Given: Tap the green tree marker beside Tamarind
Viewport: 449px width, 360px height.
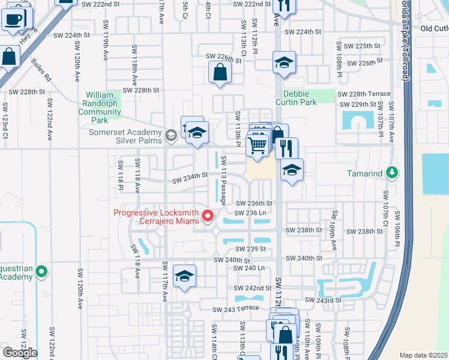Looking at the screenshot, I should tap(392, 173).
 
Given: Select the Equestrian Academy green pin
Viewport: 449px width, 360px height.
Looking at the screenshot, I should tap(41, 272).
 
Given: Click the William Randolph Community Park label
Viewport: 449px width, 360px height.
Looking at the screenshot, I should tap(103, 107).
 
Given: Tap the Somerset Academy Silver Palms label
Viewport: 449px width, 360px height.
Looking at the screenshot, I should tap(127, 136).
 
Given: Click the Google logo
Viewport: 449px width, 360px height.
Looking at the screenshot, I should tap(20, 353).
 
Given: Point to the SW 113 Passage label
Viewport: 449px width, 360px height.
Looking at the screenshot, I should tap(223, 180).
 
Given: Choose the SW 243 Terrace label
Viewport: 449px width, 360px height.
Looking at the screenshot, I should tap(235, 308).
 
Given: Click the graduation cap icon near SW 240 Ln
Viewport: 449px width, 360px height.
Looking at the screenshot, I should tap(184, 276).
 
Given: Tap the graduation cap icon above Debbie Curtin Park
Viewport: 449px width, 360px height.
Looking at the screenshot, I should tap(284, 62).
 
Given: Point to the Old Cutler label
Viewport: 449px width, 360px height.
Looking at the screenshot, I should tap(434, 28).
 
